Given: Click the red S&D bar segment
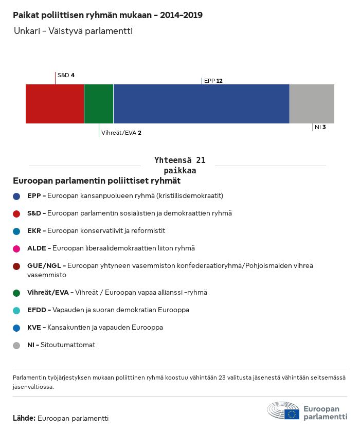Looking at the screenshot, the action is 55,104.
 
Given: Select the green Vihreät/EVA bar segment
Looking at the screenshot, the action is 99,104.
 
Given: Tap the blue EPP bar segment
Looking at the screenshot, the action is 202,104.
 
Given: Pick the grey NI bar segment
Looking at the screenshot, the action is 312,104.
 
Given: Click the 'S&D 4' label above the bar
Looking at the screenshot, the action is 66,75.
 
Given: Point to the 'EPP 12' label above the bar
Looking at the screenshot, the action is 213,81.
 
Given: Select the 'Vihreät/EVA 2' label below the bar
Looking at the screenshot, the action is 121,133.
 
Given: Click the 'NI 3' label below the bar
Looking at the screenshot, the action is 320,127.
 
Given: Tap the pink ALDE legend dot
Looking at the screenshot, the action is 16,249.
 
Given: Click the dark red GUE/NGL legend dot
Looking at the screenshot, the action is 16,266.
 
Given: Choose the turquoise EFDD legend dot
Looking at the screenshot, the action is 16,311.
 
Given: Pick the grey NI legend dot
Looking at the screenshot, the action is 16,346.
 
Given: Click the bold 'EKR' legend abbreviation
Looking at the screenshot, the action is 34,230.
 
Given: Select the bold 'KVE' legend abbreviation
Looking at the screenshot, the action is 34,328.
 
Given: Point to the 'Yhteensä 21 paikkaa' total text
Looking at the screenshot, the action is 179,165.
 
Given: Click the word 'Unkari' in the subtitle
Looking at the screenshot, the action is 27,31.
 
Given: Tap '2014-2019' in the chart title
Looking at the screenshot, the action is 182,15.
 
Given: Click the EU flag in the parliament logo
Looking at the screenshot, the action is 292,414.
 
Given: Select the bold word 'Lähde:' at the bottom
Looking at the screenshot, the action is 24,418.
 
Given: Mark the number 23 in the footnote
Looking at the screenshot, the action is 222,378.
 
